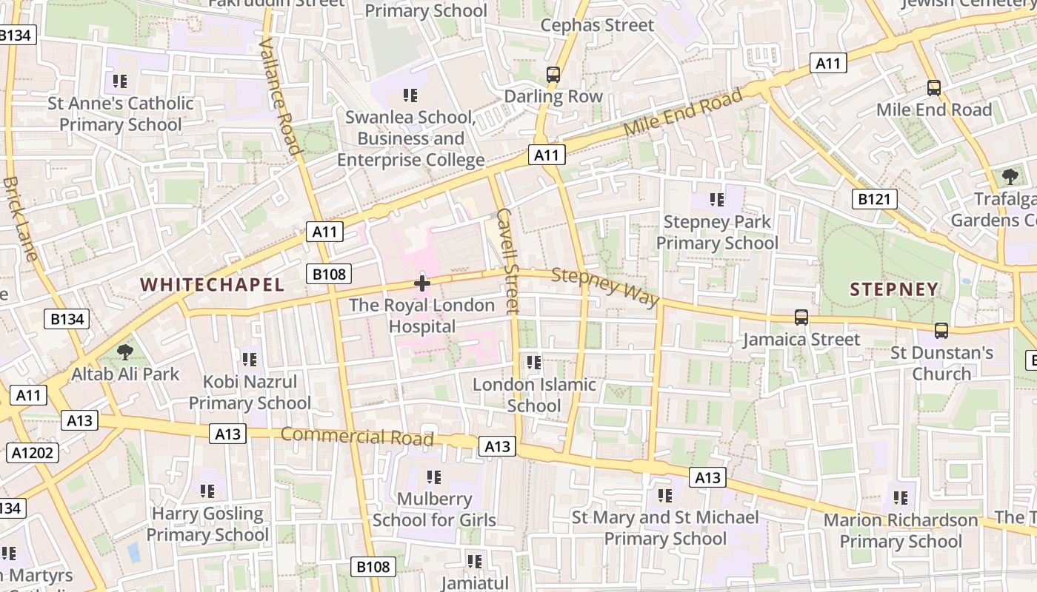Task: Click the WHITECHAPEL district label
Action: [x=212, y=285]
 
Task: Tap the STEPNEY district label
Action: [x=894, y=289]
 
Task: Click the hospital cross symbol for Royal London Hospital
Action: [x=422, y=283]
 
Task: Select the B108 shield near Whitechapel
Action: [x=329, y=274]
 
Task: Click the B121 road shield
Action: [x=874, y=198]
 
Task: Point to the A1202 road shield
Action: [x=33, y=452]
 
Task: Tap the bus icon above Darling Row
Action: [x=553, y=74]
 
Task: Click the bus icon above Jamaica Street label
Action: [x=801, y=317]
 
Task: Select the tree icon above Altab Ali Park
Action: [x=125, y=351]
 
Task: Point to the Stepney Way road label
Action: [x=605, y=287]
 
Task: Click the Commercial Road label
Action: [x=357, y=436]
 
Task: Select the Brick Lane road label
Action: [x=19, y=218]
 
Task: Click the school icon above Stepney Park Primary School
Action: [x=716, y=199]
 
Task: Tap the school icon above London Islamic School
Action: [x=533, y=362]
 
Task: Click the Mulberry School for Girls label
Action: [x=434, y=509]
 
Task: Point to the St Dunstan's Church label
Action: [x=941, y=363]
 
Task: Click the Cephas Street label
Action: [x=597, y=25]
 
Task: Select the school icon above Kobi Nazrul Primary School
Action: [x=249, y=360]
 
